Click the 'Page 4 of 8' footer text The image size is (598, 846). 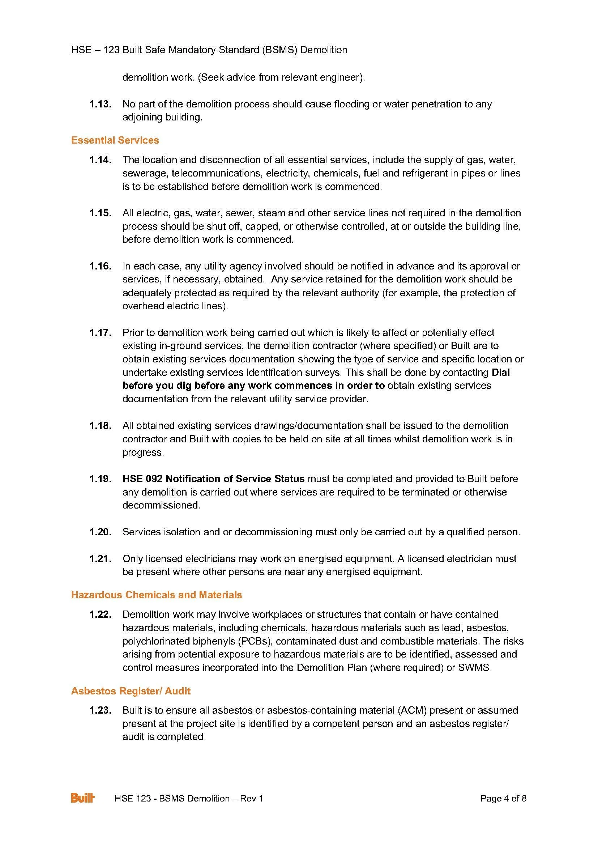coord(503,799)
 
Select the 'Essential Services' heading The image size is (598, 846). coord(115,140)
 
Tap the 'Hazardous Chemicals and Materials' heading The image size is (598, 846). coord(157,595)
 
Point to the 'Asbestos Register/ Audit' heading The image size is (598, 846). coord(131,691)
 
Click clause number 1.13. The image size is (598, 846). coord(100,104)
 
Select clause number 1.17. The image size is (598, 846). coord(100,333)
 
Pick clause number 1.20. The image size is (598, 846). coord(100,532)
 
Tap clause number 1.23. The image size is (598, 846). coord(100,710)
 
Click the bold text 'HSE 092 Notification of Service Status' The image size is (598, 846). coord(213,479)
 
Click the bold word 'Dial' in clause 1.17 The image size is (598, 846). coord(500,373)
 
